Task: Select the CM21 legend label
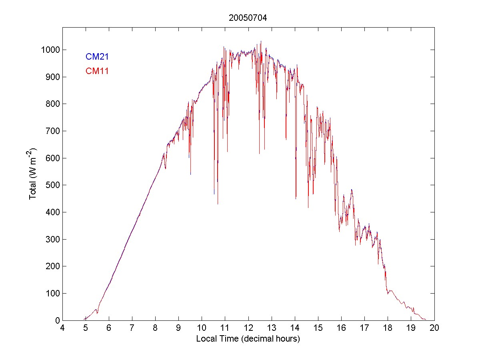[x=97, y=57]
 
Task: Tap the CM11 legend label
[x=97, y=71]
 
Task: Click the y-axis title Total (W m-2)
[x=33, y=174]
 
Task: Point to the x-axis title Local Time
[x=248, y=339]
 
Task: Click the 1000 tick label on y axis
[x=49, y=50]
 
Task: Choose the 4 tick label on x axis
[x=62, y=328]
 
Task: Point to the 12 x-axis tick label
[x=248, y=328]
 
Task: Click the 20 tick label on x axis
[x=434, y=328]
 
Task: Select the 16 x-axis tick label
[x=341, y=328]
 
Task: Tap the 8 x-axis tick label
[x=155, y=328]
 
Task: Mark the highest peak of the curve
[x=261, y=41]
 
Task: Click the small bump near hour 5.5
[x=96, y=309]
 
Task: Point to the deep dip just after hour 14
[x=296, y=198]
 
